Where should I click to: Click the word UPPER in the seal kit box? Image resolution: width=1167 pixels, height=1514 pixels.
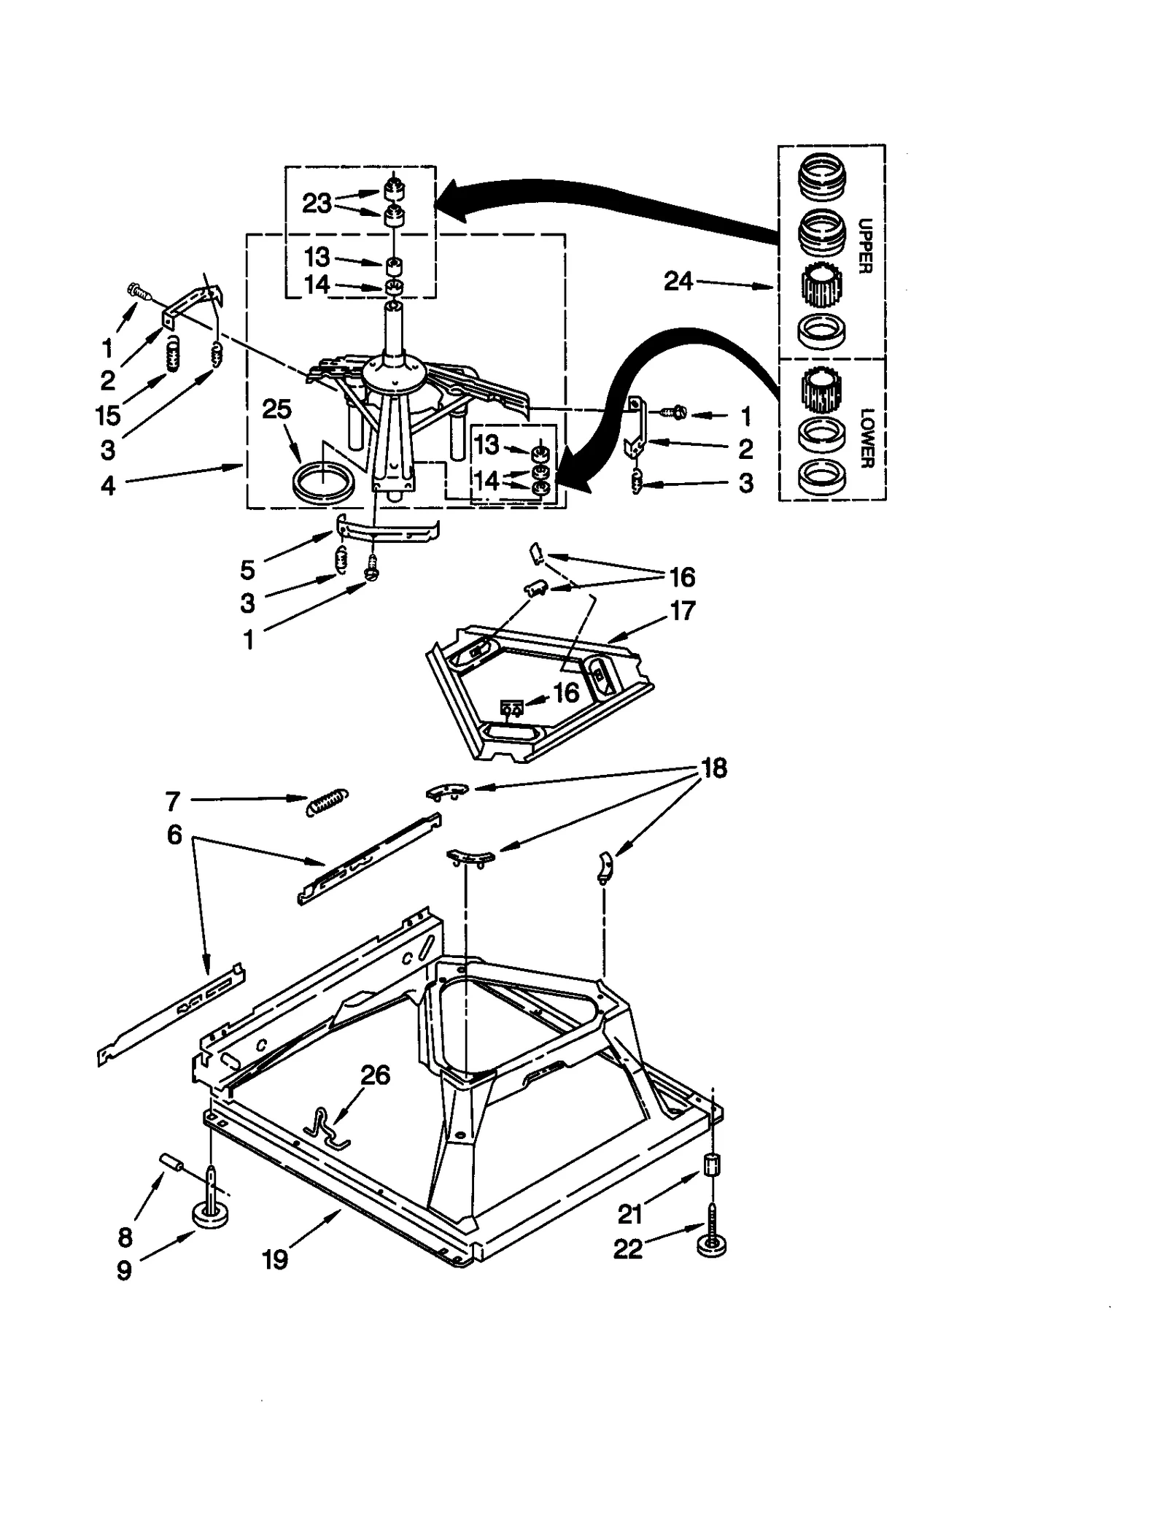pyautogui.click(x=864, y=246)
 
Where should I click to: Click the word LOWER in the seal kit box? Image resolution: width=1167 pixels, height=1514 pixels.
pyautogui.click(x=866, y=438)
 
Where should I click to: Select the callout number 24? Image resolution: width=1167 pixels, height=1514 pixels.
pyautogui.click(x=678, y=281)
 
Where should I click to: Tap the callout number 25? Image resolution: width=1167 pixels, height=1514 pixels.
pyautogui.click(x=276, y=409)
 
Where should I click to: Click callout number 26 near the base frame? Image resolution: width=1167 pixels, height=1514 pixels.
pyautogui.click(x=376, y=1075)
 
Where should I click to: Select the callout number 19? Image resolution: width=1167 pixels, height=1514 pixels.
pyautogui.click(x=276, y=1260)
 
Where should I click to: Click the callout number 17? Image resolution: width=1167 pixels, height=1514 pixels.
pyautogui.click(x=682, y=610)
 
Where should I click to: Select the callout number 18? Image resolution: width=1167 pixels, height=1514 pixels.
pyautogui.click(x=713, y=768)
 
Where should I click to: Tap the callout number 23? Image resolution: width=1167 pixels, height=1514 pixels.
pyautogui.click(x=317, y=203)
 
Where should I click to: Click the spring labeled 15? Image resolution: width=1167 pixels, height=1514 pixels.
pyautogui.click(x=173, y=355)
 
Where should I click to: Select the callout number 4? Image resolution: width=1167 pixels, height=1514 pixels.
pyautogui.click(x=108, y=484)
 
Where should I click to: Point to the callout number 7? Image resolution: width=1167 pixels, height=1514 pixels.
pyautogui.click(x=172, y=801)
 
